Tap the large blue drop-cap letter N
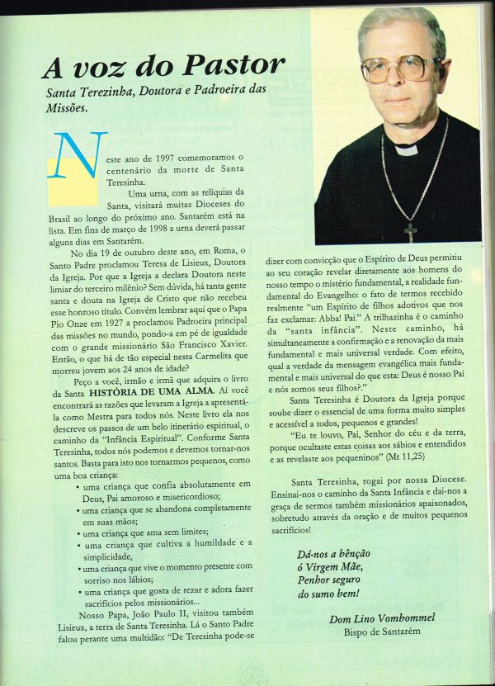(81, 158)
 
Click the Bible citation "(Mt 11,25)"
(416, 455)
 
